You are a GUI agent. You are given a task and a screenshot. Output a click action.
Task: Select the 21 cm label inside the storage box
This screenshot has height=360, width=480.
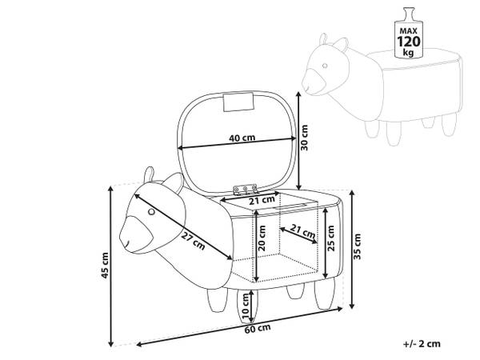[x=301, y=232]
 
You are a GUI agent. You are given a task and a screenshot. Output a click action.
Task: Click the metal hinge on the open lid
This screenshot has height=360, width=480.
[x=245, y=190]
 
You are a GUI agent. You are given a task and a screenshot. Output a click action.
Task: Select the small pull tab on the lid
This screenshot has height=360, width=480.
[x=237, y=102]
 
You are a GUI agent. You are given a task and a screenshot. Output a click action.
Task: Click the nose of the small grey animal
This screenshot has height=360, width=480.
[x=311, y=80]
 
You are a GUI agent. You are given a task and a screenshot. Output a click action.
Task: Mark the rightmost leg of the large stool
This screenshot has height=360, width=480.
[x=323, y=298]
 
